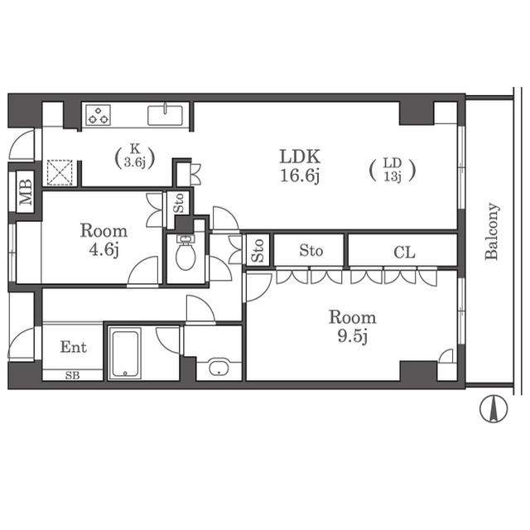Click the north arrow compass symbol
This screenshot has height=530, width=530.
(x=494, y=409)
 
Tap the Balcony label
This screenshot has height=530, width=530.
(x=492, y=231)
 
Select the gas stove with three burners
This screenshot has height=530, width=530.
(x=98, y=115)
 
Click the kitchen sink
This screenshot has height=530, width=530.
(x=165, y=115)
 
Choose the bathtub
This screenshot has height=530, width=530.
(x=125, y=354)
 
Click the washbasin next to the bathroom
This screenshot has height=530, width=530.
(x=219, y=368)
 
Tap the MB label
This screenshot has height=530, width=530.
(x=26, y=192)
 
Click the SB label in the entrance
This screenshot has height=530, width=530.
(x=72, y=375)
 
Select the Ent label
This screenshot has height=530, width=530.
(x=74, y=347)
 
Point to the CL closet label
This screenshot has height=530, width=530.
(x=404, y=252)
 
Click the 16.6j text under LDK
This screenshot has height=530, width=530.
(x=300, y=176)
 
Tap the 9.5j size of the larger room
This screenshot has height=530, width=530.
(x=352, y=336)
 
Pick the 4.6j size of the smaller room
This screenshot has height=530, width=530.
(x=104, y=250)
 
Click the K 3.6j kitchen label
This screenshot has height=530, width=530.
(x=135, y=157)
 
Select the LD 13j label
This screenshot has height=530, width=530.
(x=392, y=171)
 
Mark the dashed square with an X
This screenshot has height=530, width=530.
(x=60, y=172)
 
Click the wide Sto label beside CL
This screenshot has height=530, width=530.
(x=311, y=251)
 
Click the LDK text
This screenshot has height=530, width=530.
(x=300, y=157)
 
